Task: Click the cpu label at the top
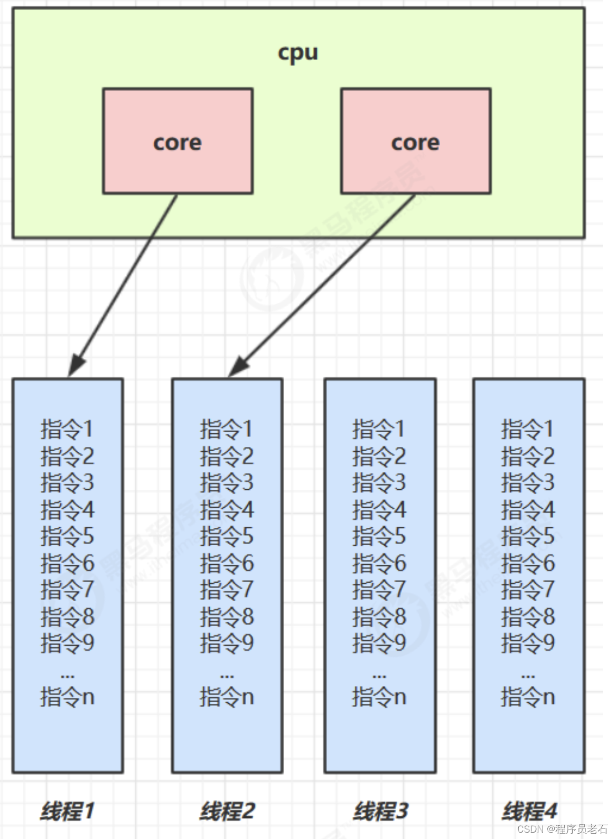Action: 298,53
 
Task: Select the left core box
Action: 178,141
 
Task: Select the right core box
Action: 416,141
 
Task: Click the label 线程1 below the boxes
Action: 67,810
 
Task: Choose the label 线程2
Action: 227,810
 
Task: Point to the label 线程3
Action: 380,810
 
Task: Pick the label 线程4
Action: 529,810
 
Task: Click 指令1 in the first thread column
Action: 67,428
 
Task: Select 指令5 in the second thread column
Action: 227,536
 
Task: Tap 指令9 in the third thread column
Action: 379,643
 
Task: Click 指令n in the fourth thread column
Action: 528,697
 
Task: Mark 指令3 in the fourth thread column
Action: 528,482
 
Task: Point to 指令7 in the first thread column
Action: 67,590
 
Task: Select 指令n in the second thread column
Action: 227,697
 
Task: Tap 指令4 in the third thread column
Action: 379,509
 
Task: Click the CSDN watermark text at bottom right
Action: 562,828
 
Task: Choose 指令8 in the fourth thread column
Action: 528,617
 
